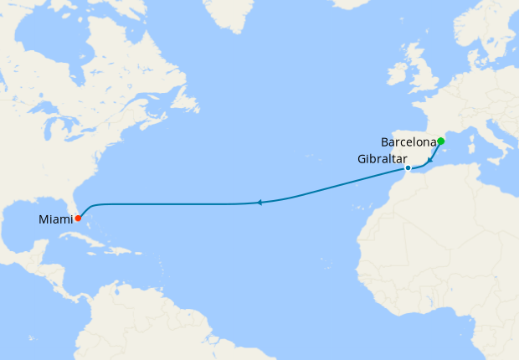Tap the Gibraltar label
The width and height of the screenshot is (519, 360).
tap(381, 159)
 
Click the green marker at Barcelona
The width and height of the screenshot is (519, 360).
tap(440, 141)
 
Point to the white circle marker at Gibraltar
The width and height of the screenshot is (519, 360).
tap(408, 168)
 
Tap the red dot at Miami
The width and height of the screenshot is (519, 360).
tap(78, 219)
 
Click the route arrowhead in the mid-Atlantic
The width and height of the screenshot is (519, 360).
tap(260, 203)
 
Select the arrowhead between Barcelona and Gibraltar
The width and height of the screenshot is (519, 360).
tap(430, 159)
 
